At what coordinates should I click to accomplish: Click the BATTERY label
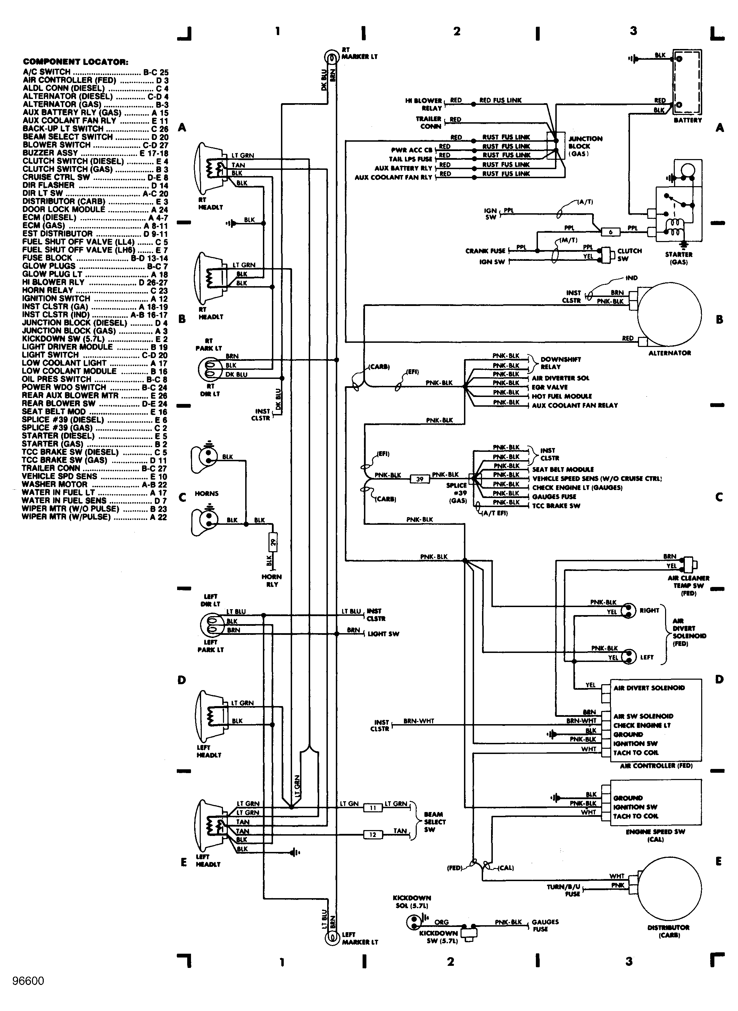688,120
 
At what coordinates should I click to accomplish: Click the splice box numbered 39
420,479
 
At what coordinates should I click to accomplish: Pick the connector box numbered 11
373,808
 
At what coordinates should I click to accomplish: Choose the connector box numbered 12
373,835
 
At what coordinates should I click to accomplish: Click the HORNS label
206,494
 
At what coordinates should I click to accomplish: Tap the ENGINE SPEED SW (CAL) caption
655,835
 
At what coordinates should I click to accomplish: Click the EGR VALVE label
549,387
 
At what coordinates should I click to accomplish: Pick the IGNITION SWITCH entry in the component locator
56,298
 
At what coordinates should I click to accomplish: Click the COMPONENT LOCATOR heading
75,62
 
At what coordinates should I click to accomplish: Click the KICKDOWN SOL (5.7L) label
412,902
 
